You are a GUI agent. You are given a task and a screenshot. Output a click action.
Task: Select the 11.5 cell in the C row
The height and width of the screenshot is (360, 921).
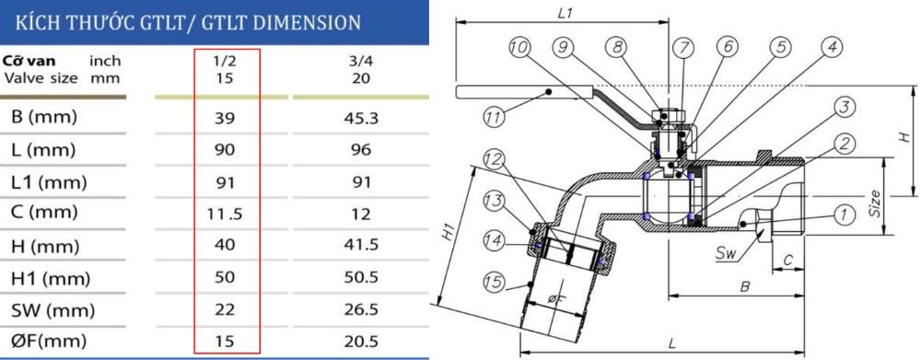[225, 215]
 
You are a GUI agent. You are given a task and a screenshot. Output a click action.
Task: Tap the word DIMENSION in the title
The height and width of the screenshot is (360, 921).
[294, 19]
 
